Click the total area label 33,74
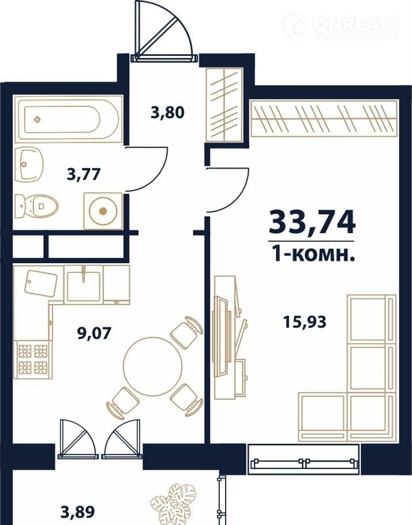312,222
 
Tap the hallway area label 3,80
167,112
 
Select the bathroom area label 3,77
84,174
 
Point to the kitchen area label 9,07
94,333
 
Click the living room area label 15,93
305,322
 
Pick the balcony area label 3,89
78,511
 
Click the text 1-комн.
313,255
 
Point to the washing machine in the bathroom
103,211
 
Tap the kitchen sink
84,284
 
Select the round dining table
152,366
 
